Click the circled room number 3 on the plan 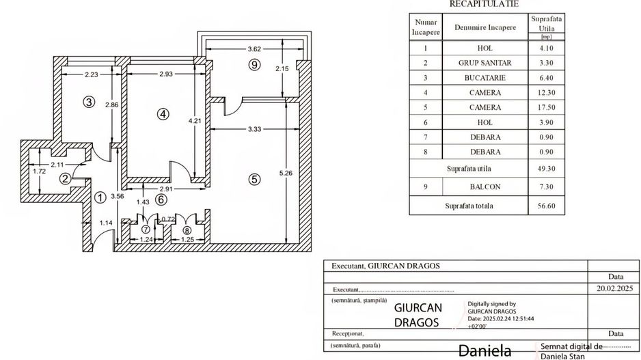88,102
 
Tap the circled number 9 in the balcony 254,65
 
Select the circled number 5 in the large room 254,180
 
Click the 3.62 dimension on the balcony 254,49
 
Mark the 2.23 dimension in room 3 85,74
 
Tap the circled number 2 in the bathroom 65,179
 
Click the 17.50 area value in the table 547,107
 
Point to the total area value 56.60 547,205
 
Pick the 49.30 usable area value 547,168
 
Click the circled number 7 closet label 145,230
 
